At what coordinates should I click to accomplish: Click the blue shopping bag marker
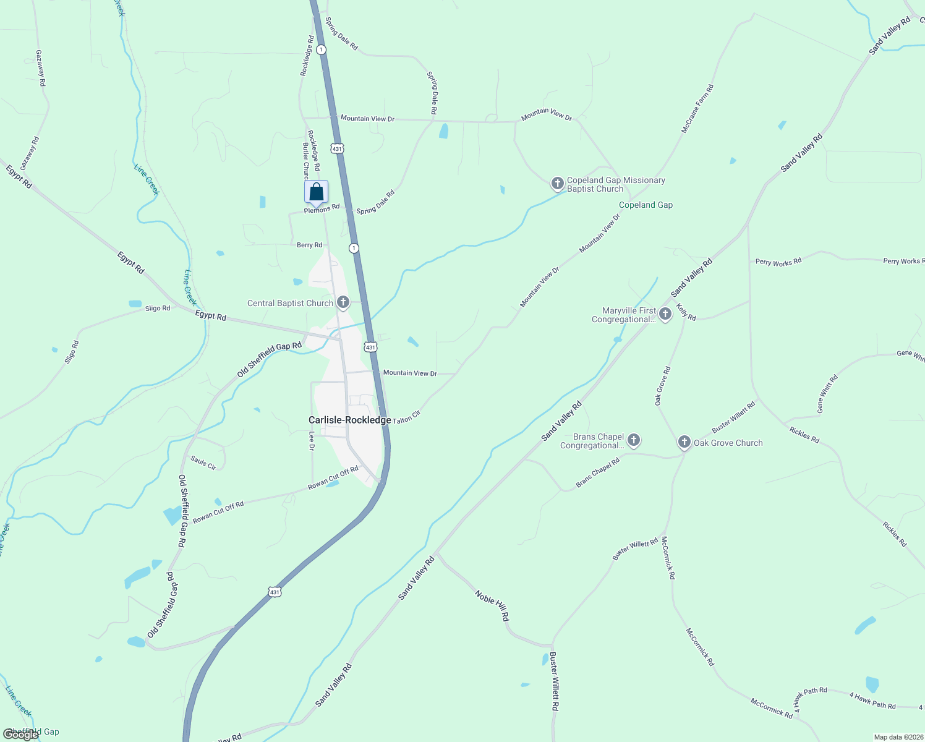(316, 192)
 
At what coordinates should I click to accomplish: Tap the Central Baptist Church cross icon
(343, 303)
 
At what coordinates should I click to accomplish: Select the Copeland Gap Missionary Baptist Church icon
(557, 184)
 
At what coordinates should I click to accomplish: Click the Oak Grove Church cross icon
(684, 442)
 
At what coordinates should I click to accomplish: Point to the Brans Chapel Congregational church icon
(633, 440)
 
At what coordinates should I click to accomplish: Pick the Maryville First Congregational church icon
(665, 314)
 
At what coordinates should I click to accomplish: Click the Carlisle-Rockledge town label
(350, 420)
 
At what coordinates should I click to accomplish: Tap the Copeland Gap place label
(646, 205)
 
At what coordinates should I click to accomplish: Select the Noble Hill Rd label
(492, 605)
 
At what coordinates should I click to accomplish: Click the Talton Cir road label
(406, 417)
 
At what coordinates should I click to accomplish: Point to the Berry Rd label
(309, 245)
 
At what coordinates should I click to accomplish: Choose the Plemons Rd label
(322, 209)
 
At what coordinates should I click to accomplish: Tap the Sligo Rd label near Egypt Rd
(157, 308)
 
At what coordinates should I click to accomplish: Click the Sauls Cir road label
(203, 463)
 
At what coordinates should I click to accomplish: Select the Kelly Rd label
(686, 312)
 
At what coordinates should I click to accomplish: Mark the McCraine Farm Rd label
(697, 109)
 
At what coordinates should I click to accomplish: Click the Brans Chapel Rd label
(597, 473)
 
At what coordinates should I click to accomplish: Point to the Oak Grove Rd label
(662, 386)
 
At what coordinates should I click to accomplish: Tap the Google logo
(22, 735)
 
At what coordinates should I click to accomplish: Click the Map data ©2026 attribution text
(897, 737)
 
